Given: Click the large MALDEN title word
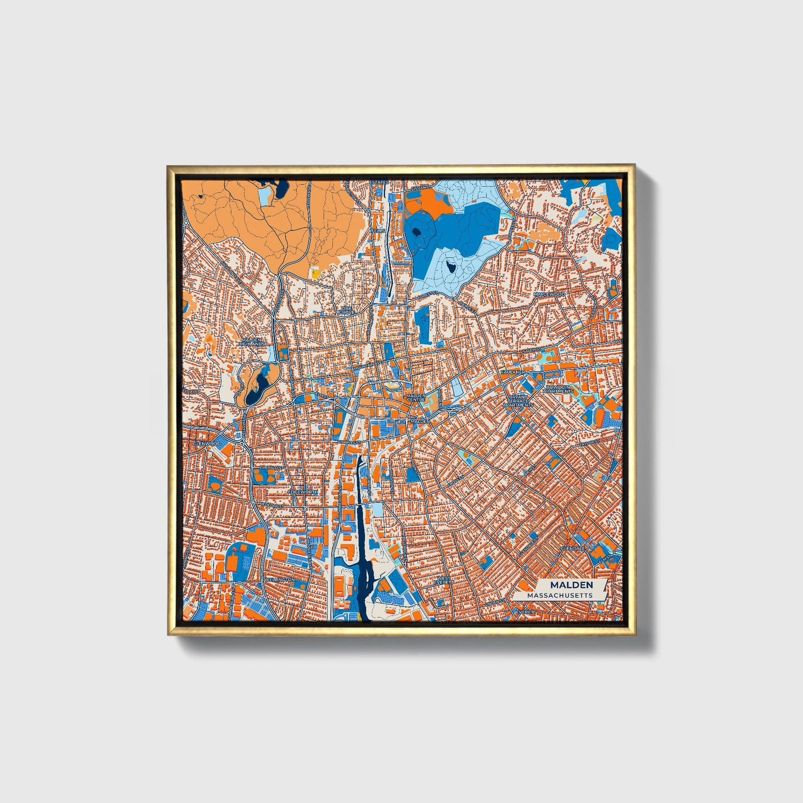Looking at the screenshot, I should point(571,585).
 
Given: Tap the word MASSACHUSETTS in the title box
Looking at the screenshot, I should point(560,595).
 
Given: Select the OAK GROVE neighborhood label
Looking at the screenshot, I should point(347,310).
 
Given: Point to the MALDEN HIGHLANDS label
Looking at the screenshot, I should point(252,342).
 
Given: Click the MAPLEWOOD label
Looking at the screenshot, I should point(548,294).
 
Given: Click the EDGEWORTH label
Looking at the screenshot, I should point(303,492).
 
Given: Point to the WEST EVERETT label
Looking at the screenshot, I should point(445,580).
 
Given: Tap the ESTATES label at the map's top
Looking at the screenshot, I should point(380,182).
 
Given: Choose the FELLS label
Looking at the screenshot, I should point(379,230).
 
